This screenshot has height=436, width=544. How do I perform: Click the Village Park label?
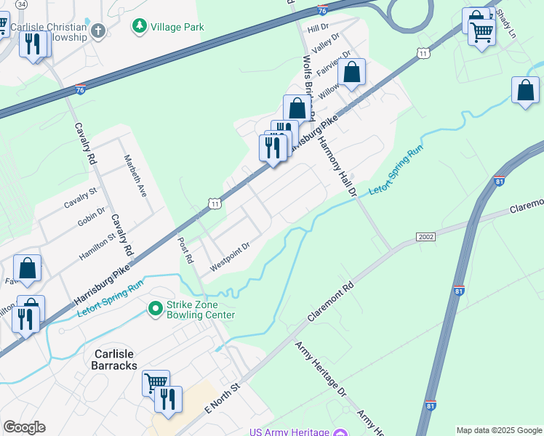(x=177, y=27)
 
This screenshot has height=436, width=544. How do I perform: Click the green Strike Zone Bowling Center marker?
(x=154, y=310)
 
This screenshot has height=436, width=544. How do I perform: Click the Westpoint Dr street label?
(x=231, y=257)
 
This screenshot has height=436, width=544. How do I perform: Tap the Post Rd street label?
(x=187, y=250)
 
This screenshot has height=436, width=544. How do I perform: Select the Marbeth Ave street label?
(x=135, y=176)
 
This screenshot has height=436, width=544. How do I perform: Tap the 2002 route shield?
(x=426, y=237)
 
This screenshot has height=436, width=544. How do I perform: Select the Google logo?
(x=24, y=427)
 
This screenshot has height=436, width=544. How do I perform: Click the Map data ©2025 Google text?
(x=498, y=430)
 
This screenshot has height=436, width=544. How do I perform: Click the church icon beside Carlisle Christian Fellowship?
(x=99, y=31)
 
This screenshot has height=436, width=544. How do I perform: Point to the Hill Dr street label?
(x=319, y=28)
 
